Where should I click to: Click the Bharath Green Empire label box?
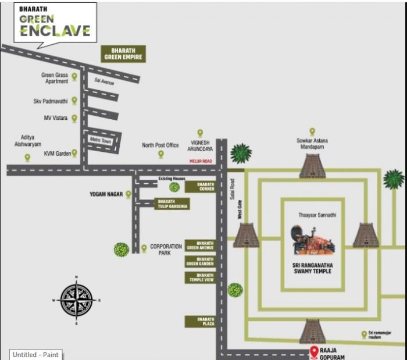[x=123, y=54]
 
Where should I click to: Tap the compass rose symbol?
[x=76, y=300]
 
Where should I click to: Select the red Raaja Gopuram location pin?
[x=314, y=351]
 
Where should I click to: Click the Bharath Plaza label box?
[x=200, y=322]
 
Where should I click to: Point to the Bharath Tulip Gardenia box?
[x=172, y=204]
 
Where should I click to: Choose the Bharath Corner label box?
[x=200, y=187]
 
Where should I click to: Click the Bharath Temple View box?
[x=200, y=277]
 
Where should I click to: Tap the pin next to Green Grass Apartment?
[x=74, y=76]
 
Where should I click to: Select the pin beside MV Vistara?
[x=74, y=118]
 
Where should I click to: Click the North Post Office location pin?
[x=160, y=154]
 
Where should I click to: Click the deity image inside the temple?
[x=313, y=240]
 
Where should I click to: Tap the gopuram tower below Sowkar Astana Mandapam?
[x=313, y=166]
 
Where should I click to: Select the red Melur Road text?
[x=201, y=161]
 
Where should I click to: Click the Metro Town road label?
[x=101, y=140]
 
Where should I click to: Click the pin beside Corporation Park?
[x=144, y=248]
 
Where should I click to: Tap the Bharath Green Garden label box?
[x=200, y=261]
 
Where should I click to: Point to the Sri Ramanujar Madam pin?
[x=364, y=334]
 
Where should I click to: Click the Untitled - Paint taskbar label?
[x=35, y=354]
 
